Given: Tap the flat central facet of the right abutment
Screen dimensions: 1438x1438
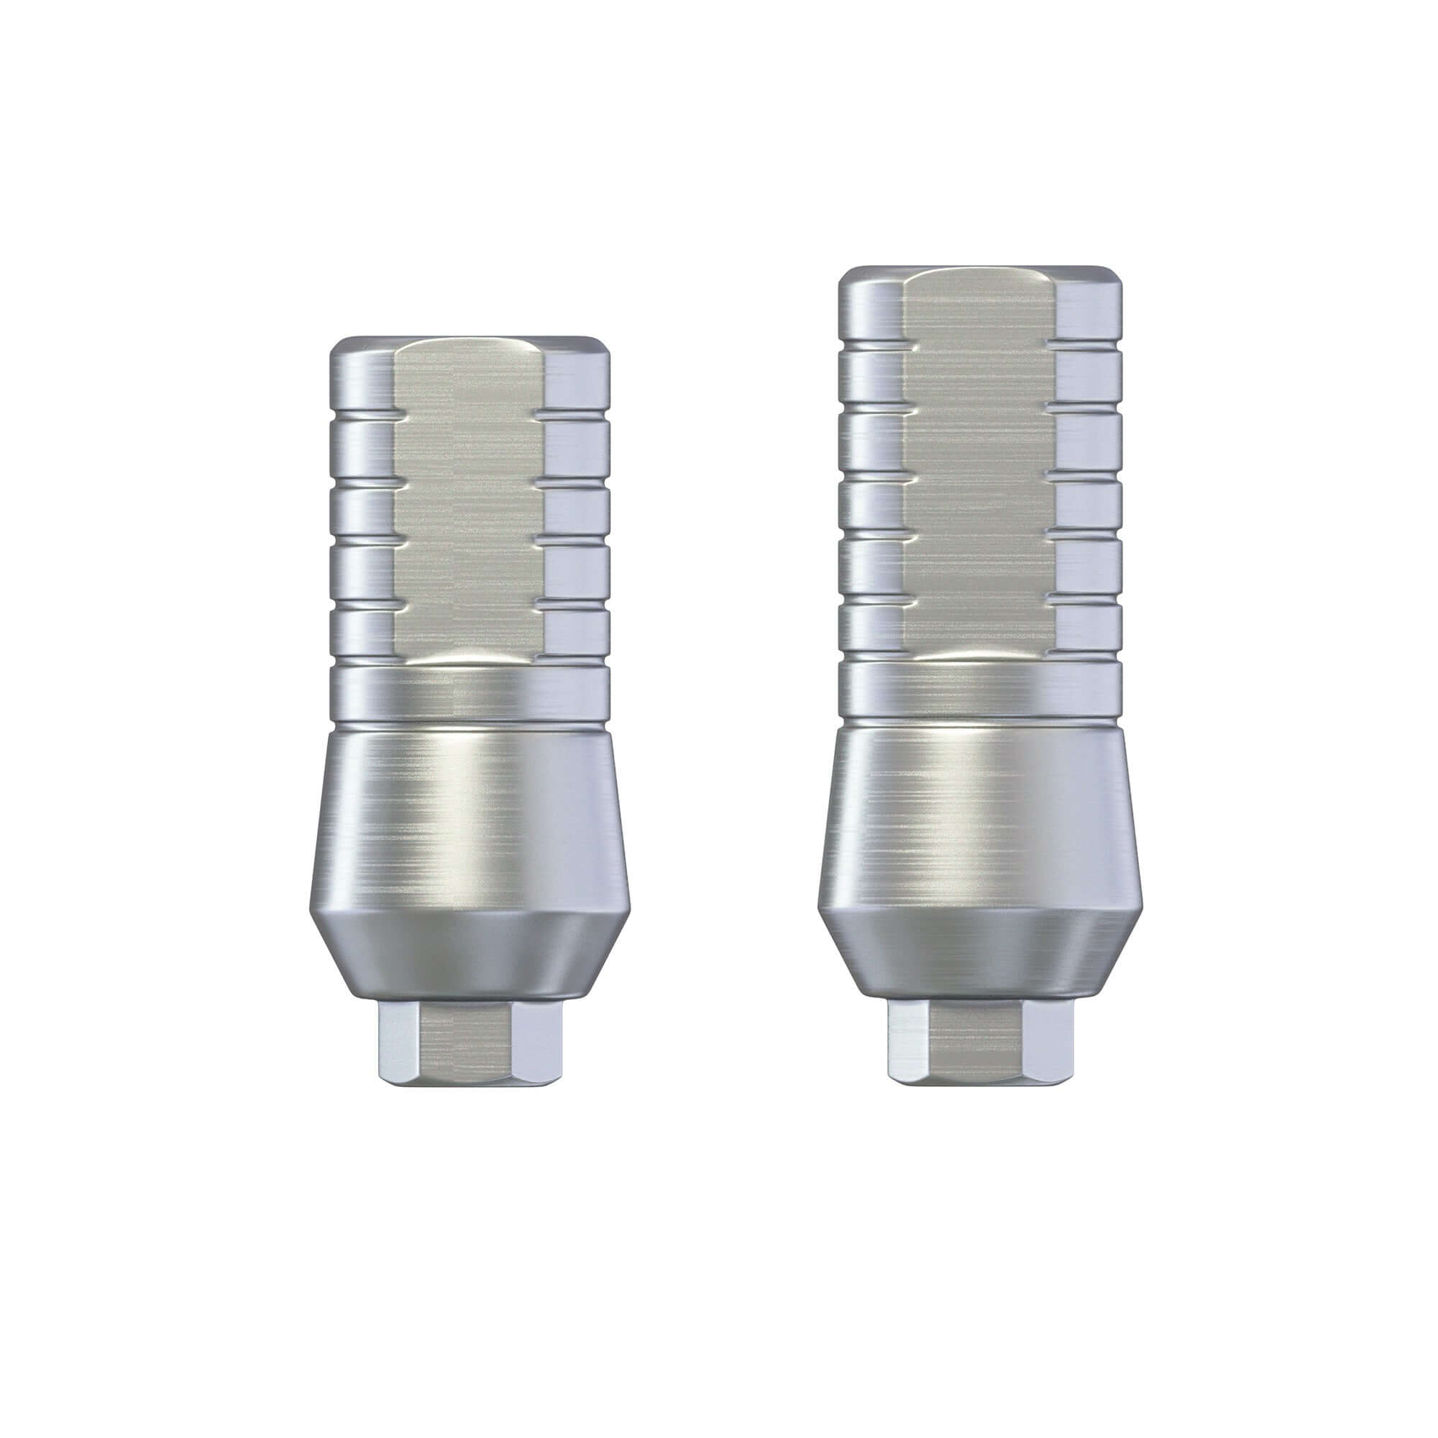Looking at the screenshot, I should pyautogui.click(x=979, y=462).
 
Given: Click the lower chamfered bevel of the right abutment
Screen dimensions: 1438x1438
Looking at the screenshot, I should pyautogui.click(x=979, y=949).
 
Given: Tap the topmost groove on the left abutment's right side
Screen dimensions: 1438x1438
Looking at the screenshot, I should pyautogui.click(x=577, y=414).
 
